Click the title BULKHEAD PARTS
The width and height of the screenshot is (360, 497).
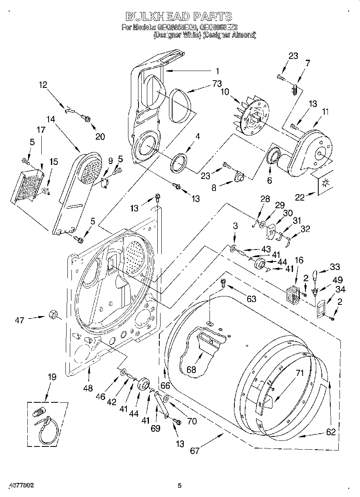click(179, 16)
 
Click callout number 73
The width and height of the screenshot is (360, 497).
click(217, 84)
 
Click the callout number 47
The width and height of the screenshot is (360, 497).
click(20, 320)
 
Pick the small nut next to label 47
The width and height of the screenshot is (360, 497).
click(52, 314)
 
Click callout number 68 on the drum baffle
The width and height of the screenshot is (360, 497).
click(191, 369)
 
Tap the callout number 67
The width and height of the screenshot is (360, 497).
click(194, 450)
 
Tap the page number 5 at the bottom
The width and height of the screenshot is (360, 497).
click(180, 485)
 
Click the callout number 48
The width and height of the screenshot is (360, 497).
click(88, 388)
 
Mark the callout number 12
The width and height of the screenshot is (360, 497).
click(43, 85)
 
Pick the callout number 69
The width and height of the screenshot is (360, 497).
click(155, 428)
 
